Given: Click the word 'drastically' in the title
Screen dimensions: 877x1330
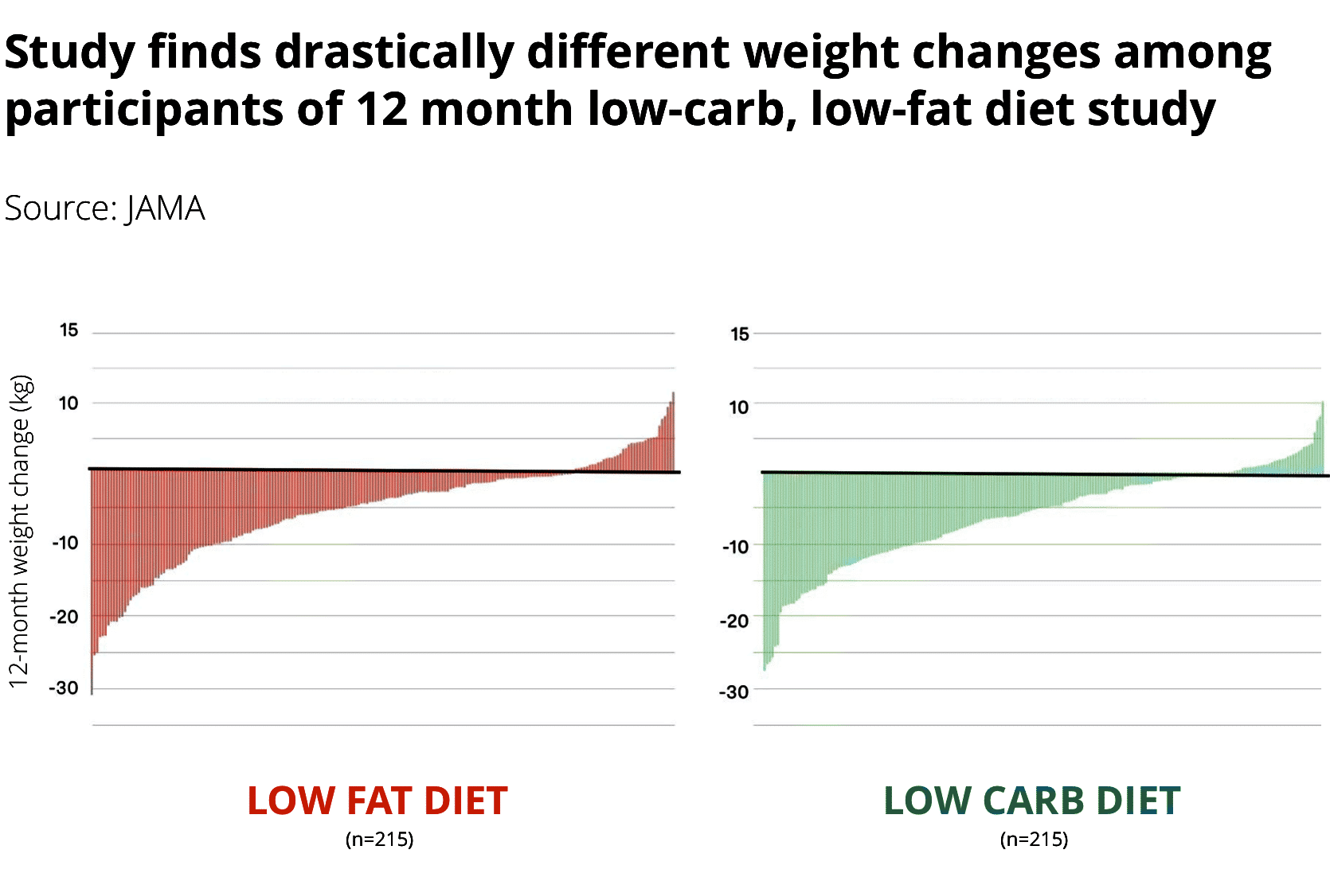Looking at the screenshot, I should [x=394, y=53].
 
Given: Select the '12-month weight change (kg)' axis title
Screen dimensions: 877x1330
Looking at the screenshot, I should [x=20, y=531].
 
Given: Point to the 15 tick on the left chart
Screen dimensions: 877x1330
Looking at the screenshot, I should [x=69, y=330].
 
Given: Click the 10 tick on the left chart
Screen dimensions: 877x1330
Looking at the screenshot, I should [x=69, y=403].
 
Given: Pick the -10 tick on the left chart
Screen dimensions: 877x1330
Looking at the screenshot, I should [x=66, y=544].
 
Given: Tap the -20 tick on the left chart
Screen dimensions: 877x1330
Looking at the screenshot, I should [x=65, y=617].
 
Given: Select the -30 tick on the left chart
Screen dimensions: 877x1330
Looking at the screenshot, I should [x=65, y=688].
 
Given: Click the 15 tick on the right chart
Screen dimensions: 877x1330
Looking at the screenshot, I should [x=740, y=334].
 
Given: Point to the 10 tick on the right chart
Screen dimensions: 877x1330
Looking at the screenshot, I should [x=739, y=407].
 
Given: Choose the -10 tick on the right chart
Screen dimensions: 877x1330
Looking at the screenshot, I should [x=736, y=547].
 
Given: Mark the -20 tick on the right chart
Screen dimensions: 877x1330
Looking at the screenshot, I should [x=734, y=621].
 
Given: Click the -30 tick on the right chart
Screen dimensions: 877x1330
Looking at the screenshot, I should [x=734, y=692].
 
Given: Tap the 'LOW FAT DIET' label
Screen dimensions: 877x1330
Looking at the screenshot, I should [x=377, y=801].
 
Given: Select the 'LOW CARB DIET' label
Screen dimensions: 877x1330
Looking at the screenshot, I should [x=1032, y=801].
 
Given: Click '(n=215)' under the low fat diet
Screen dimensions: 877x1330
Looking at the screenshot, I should [x=380, y=839].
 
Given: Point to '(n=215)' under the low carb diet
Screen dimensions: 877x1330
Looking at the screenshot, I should [x=1034, y=839].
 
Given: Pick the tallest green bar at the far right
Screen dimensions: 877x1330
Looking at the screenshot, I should [x=1322, y=438].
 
